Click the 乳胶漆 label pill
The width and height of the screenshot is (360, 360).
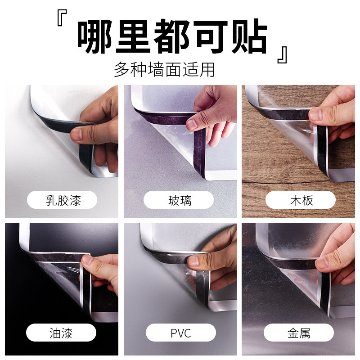click(62, 200)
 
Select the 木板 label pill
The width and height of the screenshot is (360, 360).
click(301, 200)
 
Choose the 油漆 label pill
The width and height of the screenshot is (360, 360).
click(61, 333)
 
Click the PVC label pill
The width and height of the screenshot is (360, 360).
click(181, 333)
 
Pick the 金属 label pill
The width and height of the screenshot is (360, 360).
click(299, 333)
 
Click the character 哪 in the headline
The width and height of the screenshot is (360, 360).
click(95, 36)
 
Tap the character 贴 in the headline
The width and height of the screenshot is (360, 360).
click(250, 36)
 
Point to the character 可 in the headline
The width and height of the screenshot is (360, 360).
click(211, 36)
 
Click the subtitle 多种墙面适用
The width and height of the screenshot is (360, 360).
click(164, 69)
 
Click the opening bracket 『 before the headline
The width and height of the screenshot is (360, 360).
click(62, 18)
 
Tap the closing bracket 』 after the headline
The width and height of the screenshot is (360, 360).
click(282, 55)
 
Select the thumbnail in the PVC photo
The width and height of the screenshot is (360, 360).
click(193, 261)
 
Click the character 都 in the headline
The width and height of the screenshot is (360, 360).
click(172, 36)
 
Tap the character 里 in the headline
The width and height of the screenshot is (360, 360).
click(133, 36)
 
